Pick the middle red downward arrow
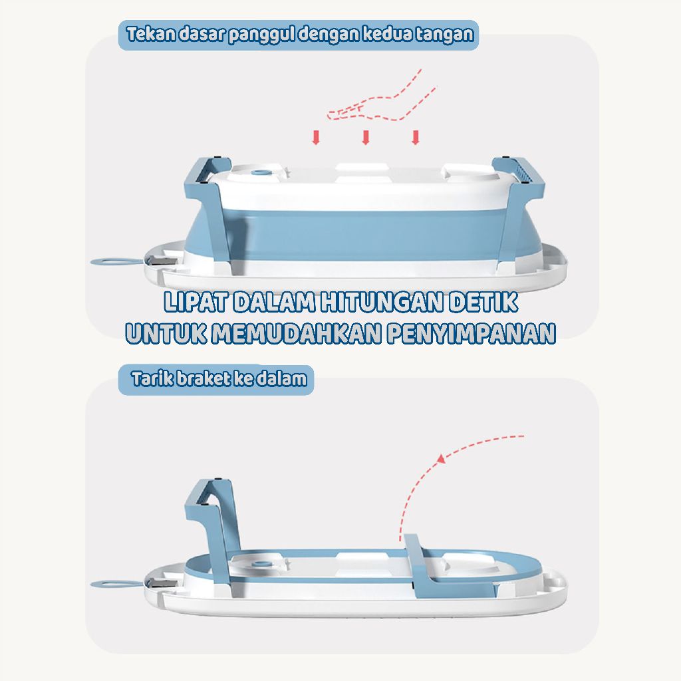(366, 137)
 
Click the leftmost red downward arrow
(316, 137)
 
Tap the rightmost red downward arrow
(416, 137)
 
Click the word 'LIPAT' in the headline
(196, 303)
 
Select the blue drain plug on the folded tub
(261, 565)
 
